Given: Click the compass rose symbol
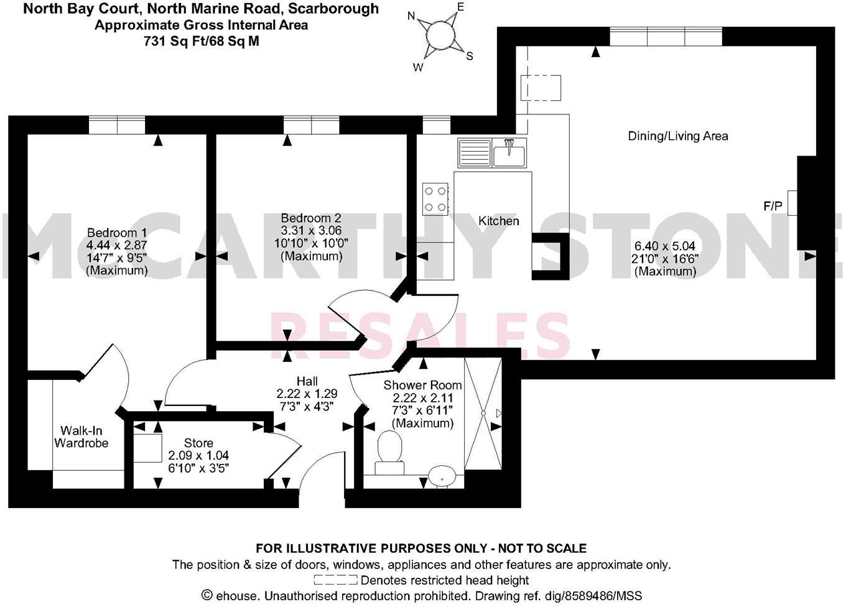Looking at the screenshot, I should pyautogui.click(x=440, y=34).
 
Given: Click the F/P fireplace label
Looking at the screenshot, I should pyautogui.click(x=773, y=206).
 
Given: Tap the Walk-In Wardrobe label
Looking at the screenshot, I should pyautogui.click(x=81, y=437).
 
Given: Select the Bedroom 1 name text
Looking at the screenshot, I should pyautogui.click(x=117, y=233).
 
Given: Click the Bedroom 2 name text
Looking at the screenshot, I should pyautogui.click(x=310, y=218).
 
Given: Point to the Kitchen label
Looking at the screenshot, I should pyautogui.click(x=498, y=221).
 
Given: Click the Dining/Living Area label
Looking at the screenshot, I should pyautogui.click(x=677, y=136).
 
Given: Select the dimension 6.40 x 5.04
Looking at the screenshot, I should pyautogui.click(x=665, y=246).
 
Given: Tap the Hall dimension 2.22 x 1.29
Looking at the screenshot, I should pyautogui.click(x=307, y=394).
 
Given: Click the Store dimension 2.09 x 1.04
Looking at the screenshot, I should pyautogui.click(x=198, y=455).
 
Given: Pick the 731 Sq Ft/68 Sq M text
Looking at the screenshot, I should pyautogui.click(x=201, y=41).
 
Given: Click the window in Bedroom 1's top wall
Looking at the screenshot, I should pyautogui.click(x=117, y=126).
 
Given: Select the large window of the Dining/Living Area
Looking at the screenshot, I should pyautogui.click(x=666, y=37).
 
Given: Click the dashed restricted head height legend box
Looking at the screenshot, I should pyautogui.click(x=335, y=580).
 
